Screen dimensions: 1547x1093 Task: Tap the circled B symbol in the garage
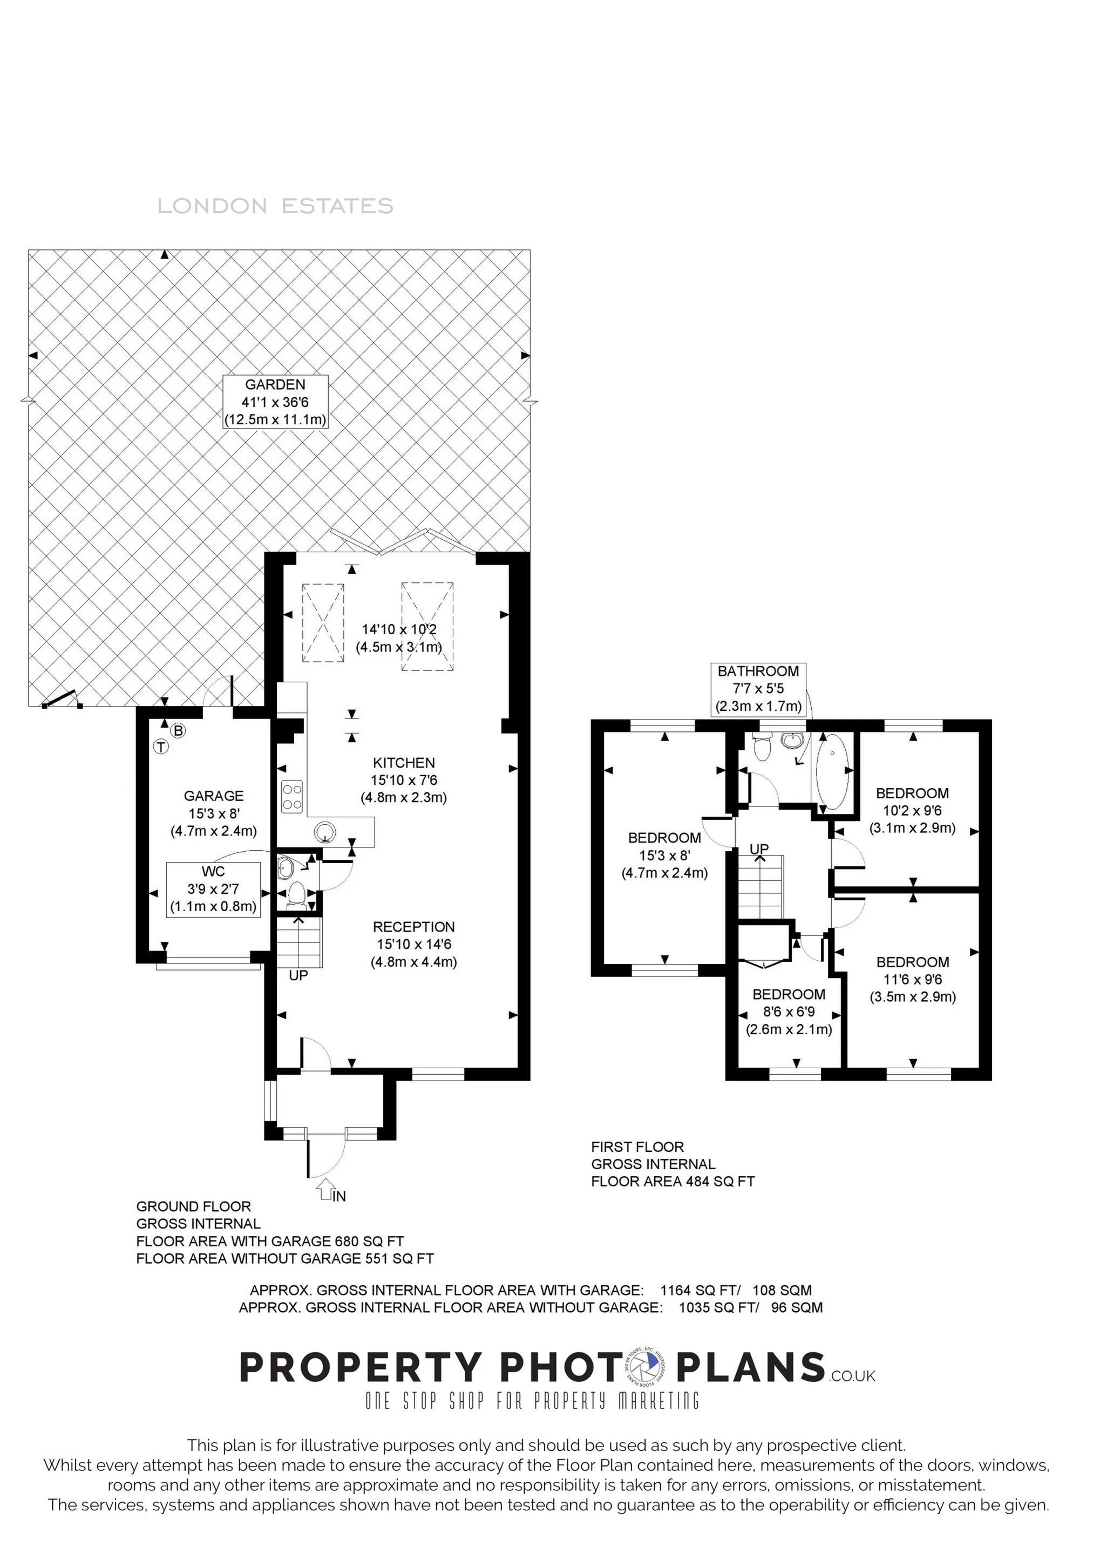[x=178, y=730]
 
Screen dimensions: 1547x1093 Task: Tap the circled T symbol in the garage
[x=161, y=747]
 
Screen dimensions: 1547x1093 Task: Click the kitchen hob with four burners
[x=293, y=796]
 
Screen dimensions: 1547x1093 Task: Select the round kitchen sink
[x=325, y=833]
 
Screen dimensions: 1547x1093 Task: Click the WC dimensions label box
[x=213, y=888]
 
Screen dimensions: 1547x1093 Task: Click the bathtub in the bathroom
[x=832, y=771]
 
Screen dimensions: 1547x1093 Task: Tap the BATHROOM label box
[x=758, y=689]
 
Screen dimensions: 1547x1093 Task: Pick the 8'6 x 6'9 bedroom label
[x=789, y=1012]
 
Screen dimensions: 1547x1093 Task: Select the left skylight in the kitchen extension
[x=323, y=623]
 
